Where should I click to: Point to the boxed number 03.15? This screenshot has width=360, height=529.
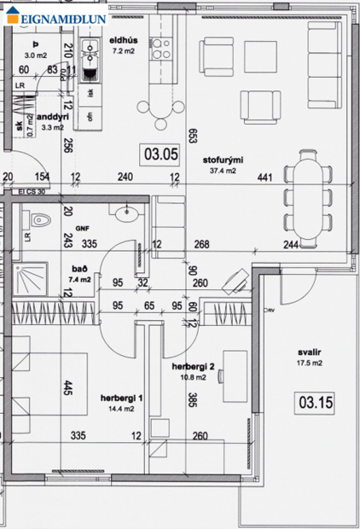point(313,399)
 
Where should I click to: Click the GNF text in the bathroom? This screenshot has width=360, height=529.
point(82,229)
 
